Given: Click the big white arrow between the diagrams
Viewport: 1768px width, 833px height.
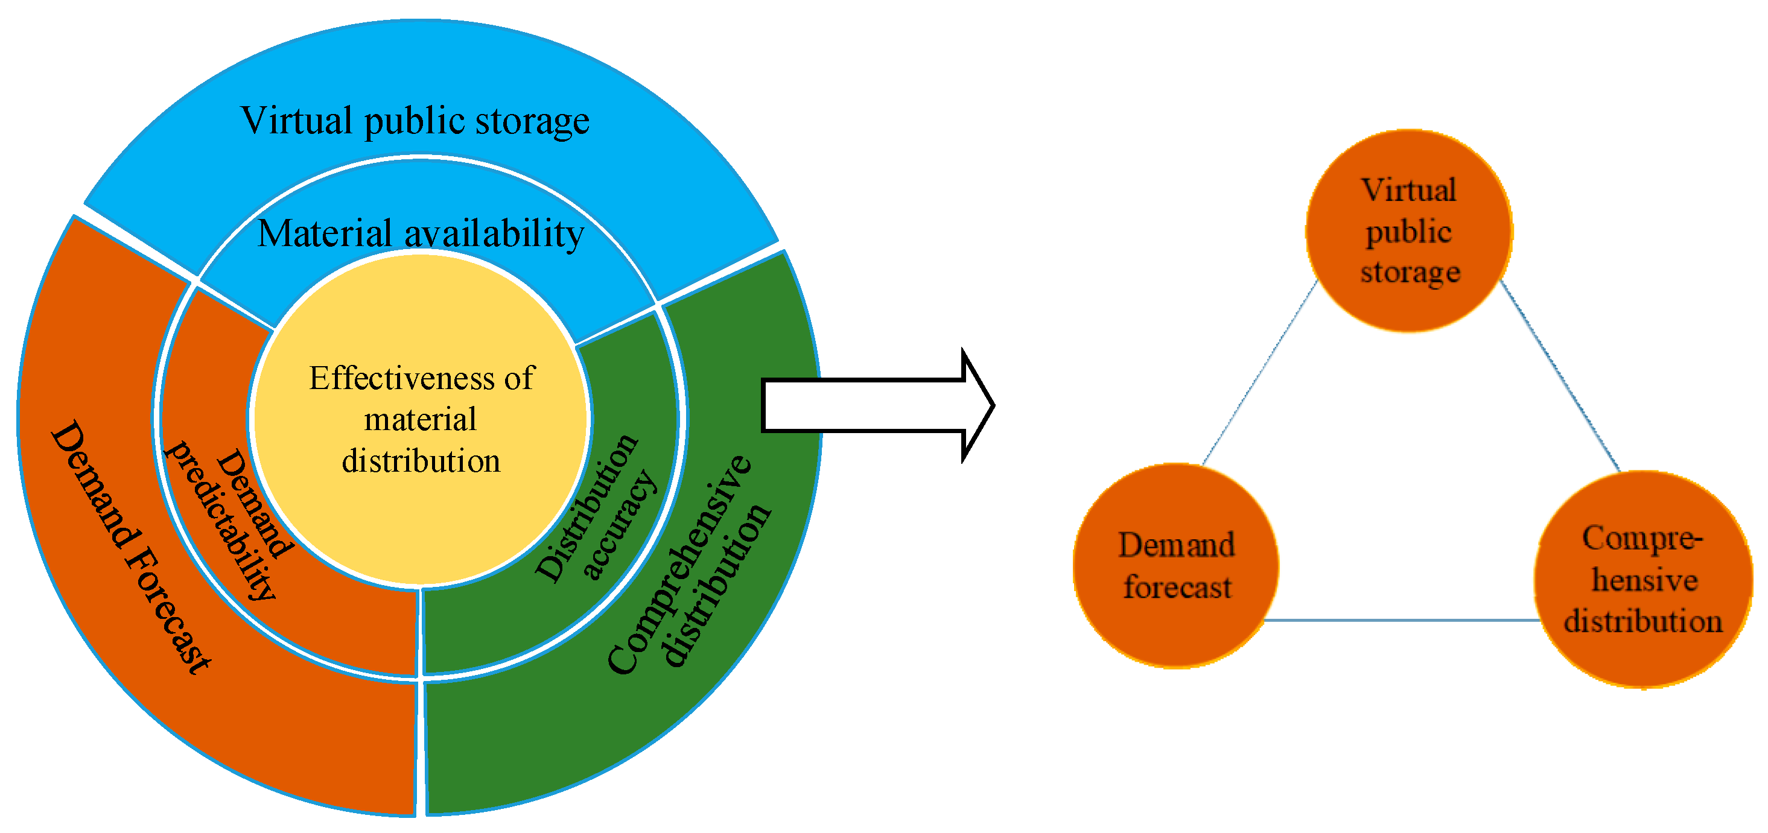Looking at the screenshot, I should tap(872, 405).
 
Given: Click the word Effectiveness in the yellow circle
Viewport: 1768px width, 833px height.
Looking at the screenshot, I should tap(401, 378).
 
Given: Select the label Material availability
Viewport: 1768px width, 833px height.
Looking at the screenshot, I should tap(420, 233).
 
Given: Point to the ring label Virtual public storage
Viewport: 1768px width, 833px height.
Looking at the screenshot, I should tap(415, 121).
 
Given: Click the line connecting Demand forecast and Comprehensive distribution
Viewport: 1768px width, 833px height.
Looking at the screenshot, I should tap(1400, 620).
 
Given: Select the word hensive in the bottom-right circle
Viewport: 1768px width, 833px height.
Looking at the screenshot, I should tap(1644, 580).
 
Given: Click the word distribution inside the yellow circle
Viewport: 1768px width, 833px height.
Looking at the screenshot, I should tap(421, 461).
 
